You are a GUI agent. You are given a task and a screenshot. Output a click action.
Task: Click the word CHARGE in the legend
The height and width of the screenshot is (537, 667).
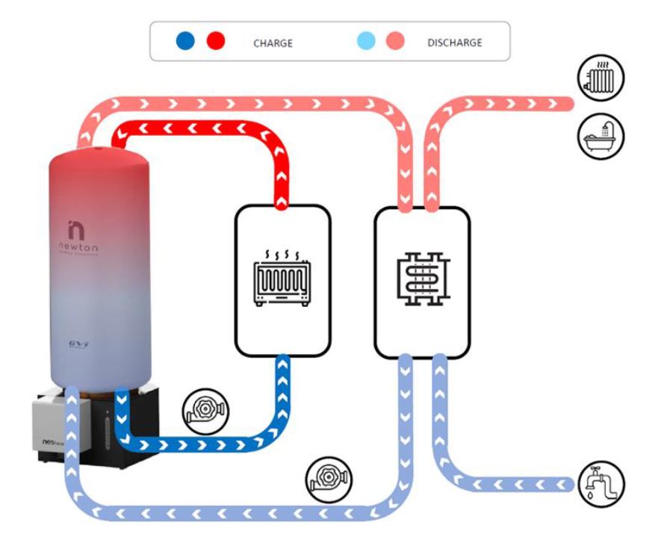click(x=273, y=43)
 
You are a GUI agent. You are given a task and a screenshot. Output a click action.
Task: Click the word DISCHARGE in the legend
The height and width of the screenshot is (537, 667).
click(x=455, y=42)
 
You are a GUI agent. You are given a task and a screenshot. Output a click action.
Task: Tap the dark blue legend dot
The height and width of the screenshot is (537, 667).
click(x=185, y=41)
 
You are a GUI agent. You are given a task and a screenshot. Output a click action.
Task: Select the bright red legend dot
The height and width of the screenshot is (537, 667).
click(x=217, y=41)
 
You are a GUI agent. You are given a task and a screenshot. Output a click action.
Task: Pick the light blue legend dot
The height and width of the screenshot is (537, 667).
click(x=364, y=41)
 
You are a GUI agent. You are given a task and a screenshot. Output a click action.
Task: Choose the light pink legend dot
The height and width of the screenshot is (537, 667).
click(x=395, y=41)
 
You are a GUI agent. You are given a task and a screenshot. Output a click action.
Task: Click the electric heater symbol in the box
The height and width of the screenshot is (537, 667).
click(x=282, y=282)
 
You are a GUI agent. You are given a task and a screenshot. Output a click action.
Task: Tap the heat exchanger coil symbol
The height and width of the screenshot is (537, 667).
click(x=421, y=282)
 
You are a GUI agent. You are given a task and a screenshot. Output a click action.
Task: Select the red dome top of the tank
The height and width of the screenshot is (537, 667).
click(x=100, y=161)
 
